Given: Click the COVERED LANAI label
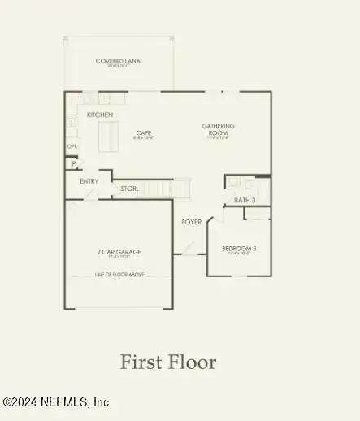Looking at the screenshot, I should (119, 61).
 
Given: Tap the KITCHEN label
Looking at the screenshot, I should (99, 115).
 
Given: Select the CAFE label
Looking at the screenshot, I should (144, 132).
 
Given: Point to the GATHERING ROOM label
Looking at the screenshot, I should (219, 128).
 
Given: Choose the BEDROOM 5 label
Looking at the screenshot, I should (239, 248).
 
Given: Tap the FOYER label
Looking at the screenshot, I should (191, 222).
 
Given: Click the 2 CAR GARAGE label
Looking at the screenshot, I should (119, 252).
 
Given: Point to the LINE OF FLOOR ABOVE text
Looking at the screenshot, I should (119, 275).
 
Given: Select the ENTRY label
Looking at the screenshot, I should (89, 181).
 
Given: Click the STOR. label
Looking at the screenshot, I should (128, 189).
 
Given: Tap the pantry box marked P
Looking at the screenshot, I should (74, 163).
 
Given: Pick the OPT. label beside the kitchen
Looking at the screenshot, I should (72, 147).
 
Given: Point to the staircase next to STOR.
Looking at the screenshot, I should (166, 189).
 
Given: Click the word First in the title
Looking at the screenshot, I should (141, 362).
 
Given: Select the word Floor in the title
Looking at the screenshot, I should (191, 362).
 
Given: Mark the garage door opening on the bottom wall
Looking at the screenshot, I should (119, 309).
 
